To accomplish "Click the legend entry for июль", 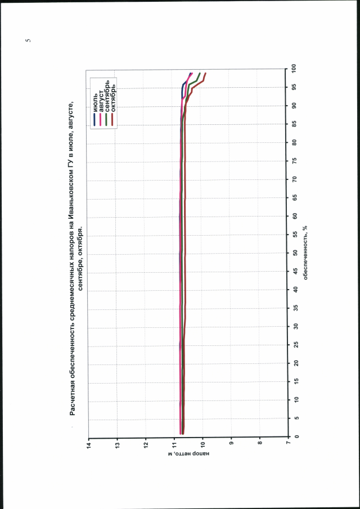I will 96,106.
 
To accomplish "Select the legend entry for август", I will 101,103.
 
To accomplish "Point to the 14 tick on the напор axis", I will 88,444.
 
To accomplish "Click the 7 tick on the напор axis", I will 288,444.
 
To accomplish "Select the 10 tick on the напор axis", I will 202,444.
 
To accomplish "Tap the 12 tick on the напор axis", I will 146,444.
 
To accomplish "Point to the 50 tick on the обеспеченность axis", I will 295,253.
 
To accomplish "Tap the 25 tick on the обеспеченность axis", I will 295,345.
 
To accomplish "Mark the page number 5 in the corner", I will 28,40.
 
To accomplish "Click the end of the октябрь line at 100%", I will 206,73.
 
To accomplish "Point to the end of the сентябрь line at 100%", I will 200,73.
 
